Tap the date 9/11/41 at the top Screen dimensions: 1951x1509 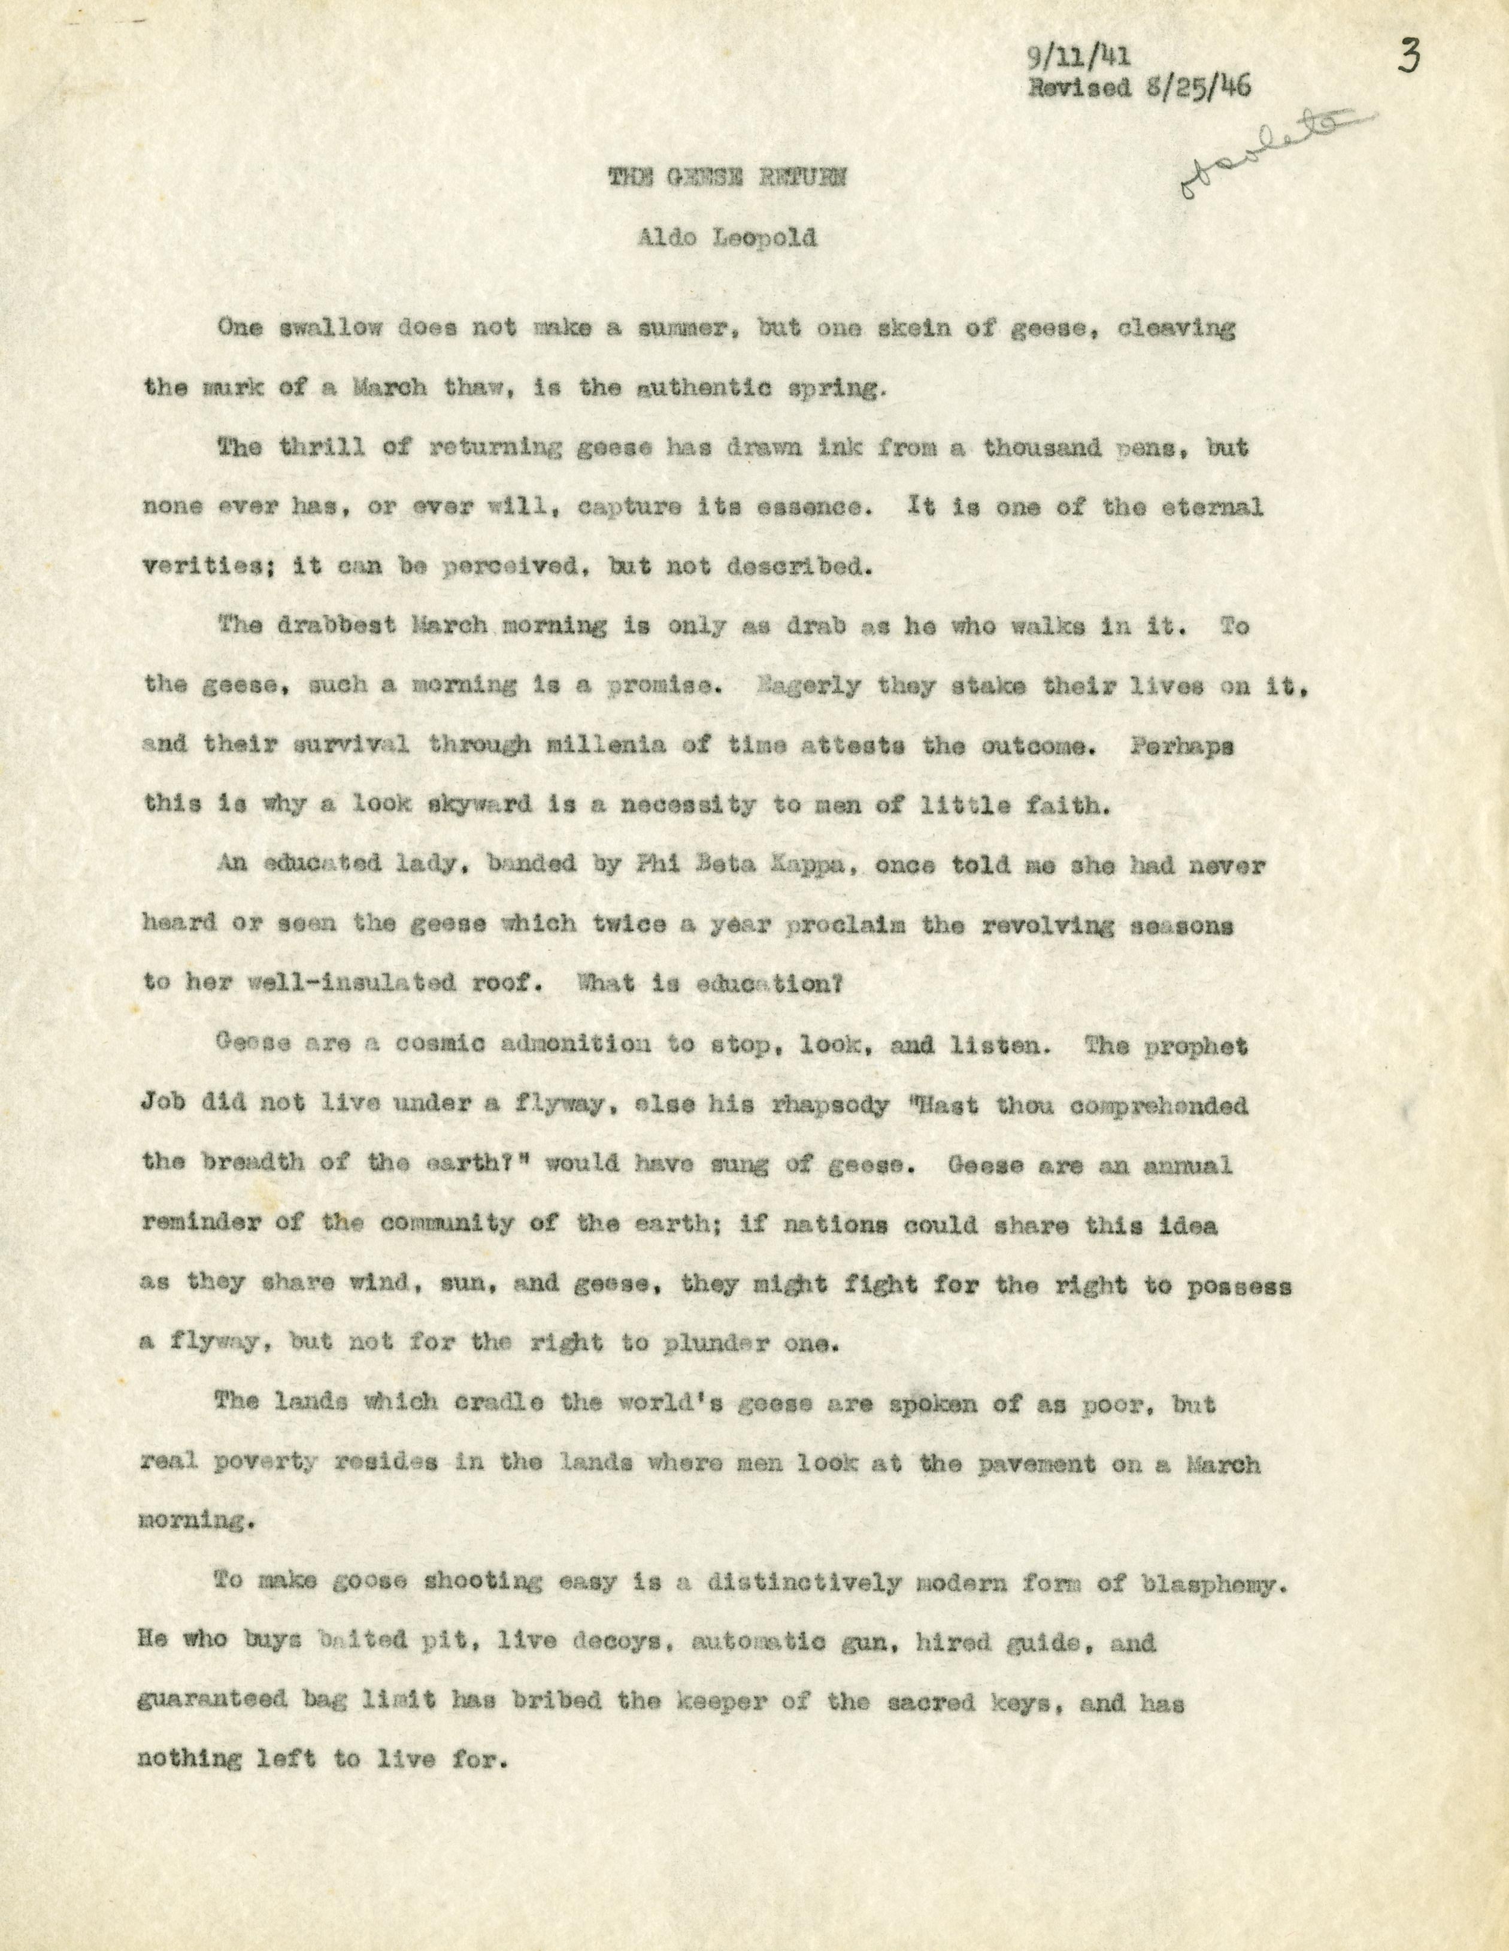[x=1076, y=59]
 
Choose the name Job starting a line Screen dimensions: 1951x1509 [x=160, y=1105]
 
